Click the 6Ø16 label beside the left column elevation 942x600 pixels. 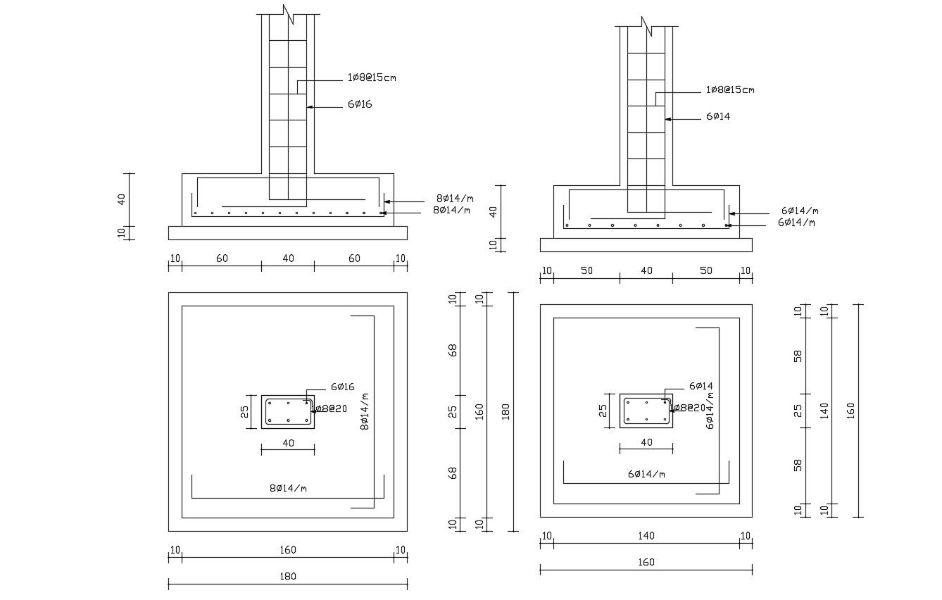[359, 104]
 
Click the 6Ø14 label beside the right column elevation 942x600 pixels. [718, 116]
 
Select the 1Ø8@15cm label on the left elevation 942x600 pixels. [372, 77]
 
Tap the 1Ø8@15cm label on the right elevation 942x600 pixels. [730, 90]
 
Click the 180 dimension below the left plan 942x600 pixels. [288, 576]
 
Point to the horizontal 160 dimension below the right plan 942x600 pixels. [646, 562]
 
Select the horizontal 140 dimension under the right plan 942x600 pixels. [646, 536]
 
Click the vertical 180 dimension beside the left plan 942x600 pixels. [505, 411]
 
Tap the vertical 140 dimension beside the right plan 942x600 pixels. [824, 411]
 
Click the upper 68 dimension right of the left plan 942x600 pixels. [453, 349]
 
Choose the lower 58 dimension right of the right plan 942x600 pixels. [798, 465]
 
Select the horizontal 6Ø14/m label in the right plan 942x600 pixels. [646, 474]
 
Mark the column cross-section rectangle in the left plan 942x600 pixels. [288, 411]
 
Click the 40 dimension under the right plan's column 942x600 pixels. [646, 442]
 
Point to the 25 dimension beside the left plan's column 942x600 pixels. [245, 411]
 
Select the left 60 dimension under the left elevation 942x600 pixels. [222, 258]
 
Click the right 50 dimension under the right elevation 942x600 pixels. [706, 271]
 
